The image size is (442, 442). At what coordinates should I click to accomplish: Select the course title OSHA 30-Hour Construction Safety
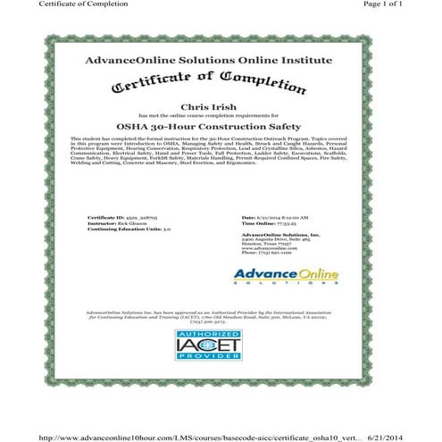[x=221, y=127]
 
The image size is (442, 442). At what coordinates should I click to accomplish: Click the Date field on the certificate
[x=275, y=217]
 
